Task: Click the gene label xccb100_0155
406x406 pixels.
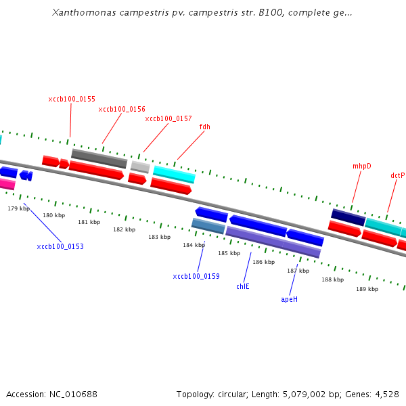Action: [72, 99]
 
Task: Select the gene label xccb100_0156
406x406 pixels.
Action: [122, 109]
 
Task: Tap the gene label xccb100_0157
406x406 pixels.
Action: [168, 118]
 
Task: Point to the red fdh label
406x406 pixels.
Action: [204, 127]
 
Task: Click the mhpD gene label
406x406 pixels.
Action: [362, 166]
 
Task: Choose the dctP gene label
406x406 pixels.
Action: [397, 175]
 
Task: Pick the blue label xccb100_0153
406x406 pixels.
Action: [60, 246]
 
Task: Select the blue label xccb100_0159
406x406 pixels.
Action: [196, 276]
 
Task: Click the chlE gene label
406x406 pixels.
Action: [243, 286]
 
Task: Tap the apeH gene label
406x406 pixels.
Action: [289, 298]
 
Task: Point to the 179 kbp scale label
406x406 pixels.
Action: [19, 208]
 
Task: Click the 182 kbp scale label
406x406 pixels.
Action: [124, 229]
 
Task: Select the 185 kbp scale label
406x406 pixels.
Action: [229, 253]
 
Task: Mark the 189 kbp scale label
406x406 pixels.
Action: [367, 289]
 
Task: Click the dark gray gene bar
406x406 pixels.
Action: [99, 158]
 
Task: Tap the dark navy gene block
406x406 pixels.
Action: [348, 217]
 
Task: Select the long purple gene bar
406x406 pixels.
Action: [273, 242]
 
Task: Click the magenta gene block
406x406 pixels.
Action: [7, 183]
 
